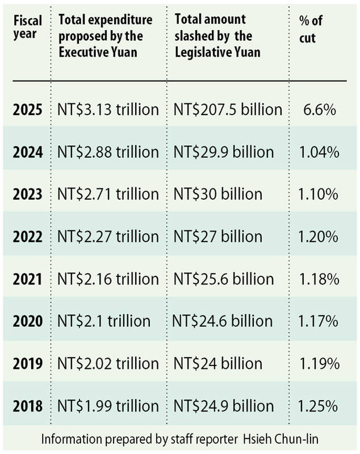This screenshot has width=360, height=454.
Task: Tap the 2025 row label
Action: [27, 110]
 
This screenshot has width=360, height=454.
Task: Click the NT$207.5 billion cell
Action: [228, 110]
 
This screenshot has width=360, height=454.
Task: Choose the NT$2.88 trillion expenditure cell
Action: [108, 152]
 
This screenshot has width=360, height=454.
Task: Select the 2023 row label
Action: [27, 194]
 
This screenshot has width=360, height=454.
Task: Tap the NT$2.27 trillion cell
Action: [108, 237]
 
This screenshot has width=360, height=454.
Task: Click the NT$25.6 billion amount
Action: [223, 279]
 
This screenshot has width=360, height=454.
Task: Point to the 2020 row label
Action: [27, 321]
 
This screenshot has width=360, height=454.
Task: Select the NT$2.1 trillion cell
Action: [104, 321]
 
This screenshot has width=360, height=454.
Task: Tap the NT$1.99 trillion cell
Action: [108, 406]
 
